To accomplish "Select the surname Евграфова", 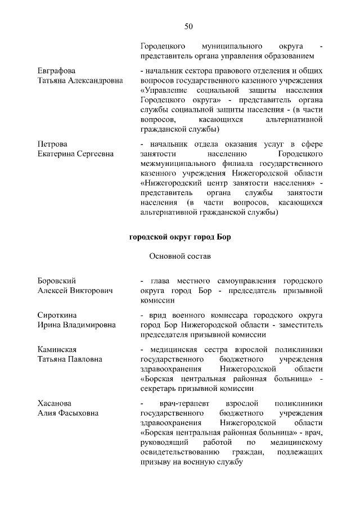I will click(56, 71).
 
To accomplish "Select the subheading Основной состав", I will click(179, 256).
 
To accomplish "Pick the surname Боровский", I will click(57, 280).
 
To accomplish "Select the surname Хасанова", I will click(55, 403).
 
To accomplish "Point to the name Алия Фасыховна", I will click(67, 413).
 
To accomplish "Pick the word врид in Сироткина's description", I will click(156, 315).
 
